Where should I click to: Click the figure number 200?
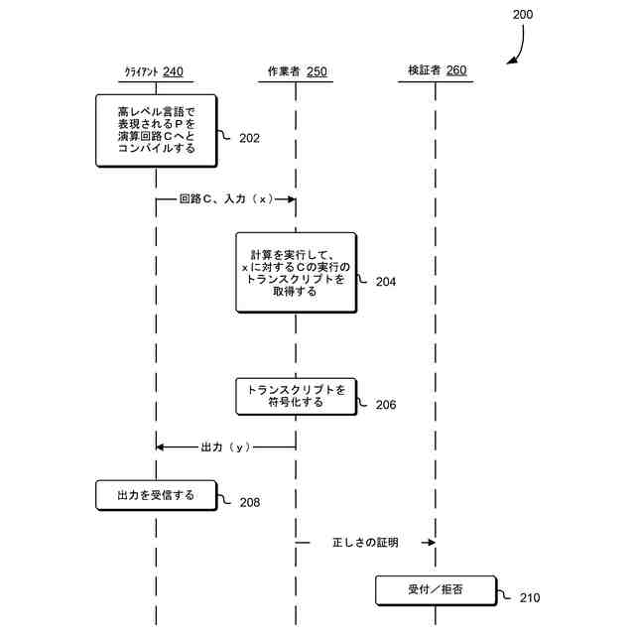pyautogui.click(x=522, y=15)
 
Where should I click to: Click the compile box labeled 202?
pyautogui.click(x=156, y=130)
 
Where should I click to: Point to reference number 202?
pyautogui.click(x=249, y=138)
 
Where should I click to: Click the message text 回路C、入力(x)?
pyautogui.click(x=226, y=199)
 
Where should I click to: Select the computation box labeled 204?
pyautogui.click(x=296, y=273)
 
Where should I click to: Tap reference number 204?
pyautogui.click(x=385, y=282)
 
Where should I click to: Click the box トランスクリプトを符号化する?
pyautogui.click(x=296, y=396)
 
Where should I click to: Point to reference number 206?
pyautogui.click(x=385, y=405)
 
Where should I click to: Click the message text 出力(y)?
pyautogui.click(x=226, y=447)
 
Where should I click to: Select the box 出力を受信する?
pyautogui.click(x=156, y=495)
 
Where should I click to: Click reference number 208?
pyautogui.click(x=249, y=502)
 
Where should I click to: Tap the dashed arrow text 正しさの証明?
pyautogui.click(x=365, y=543)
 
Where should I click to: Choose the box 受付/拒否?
pyautogui.click(x=435, y=590)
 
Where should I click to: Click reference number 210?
pyautogui.click(x=530, y=598)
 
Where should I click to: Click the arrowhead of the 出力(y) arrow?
pyautogui.click(x=161, y=447)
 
